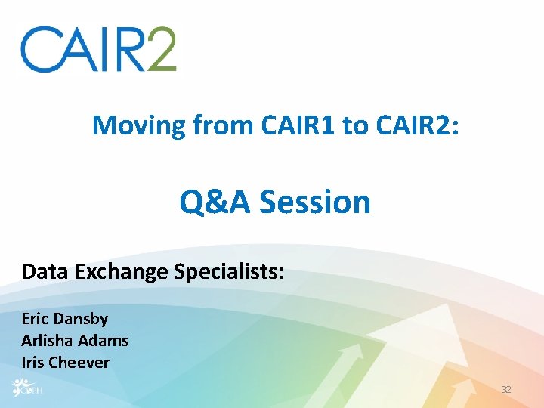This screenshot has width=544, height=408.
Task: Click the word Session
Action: pyautogui.click(x=315, y=202)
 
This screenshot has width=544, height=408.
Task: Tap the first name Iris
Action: pyautogui.click(x=33, y=363)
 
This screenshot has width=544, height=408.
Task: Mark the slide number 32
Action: pyautogui.click(x=506, y=389)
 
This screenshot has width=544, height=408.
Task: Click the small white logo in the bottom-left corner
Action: pyautogui.click(x=25, y=387)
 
